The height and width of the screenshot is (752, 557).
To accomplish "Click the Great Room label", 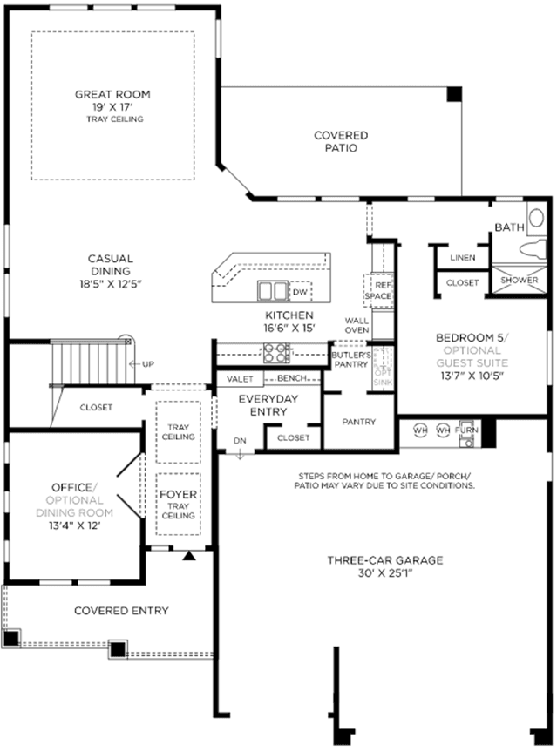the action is pyautogui.click(x=112, y=94).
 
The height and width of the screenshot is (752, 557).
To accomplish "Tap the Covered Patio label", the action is pyautogui.click(x=341, y=141).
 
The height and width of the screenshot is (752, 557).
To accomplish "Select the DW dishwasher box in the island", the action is pyautogui.click(x=301, y=292).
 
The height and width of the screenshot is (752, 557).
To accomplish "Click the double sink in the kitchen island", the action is pyautogui.click(x=273, y=291).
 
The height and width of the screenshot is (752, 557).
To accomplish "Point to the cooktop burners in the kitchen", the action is pyautogui.click(x=276, y=353).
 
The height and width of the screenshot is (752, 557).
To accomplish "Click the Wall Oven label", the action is pyautogui.click(x=357, y=325).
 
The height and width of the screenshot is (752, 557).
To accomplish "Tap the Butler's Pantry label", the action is pyautogui.click(x=351, y=360).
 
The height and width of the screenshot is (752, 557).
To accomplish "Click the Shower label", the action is pyautogui.click(x=520, y=280).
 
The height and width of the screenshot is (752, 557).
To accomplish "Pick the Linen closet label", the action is pyautogui.click(x=463, y=258).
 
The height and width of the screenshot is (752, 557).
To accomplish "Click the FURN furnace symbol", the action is pyautogui.click(x=466, y=434).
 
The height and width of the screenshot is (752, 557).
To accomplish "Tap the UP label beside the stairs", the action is pyautogui.click(x=148, y=364).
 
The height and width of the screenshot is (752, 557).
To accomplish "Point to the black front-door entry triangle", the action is pyautogui.click(x=190, y=555).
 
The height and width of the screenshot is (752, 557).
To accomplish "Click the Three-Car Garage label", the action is pyautogui.click(x=385, y=560).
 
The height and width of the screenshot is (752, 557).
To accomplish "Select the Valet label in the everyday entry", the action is pyautogui.click(x=240, y=379).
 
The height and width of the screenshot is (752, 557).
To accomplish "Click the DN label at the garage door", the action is pyautogui.click(x=240, y=441).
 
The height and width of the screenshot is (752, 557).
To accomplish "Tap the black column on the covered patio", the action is pyautogui.click(x=454, y=93).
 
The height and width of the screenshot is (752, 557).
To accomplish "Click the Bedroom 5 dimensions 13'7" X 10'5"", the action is pyautogui.click(x=472, y=376).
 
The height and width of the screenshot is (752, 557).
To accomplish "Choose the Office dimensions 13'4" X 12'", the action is pyautogui.click(x=74, y=525).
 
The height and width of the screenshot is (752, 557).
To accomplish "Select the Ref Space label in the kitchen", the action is pyautogui.click(x=378, y=291).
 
